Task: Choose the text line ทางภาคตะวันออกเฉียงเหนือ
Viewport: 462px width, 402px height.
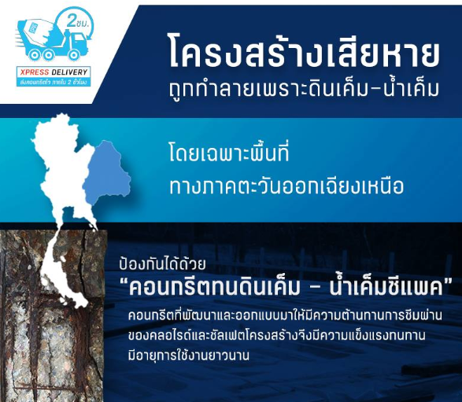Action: click(x=286, y=186)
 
